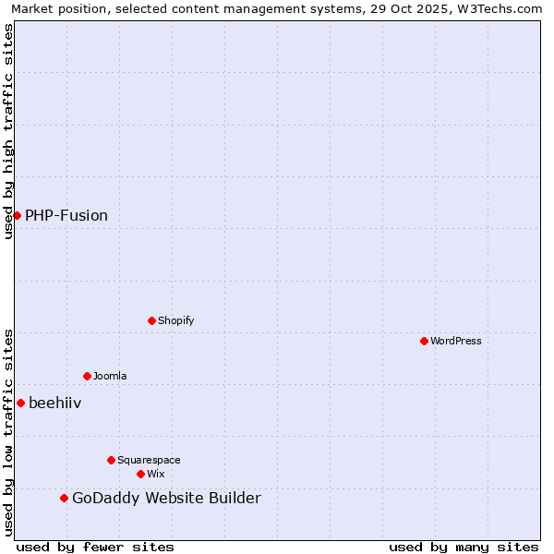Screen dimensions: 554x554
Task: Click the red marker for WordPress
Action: pyautogui.click(x=424, y=341)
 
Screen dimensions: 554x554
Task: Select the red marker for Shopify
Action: pyautogui.click(x=151, y=320)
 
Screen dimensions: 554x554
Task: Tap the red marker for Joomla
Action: pyautogui.click(x=87, y=376)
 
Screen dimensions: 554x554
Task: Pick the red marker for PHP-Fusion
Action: pyautogui.click(x=17, y=215)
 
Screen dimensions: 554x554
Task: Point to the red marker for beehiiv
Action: pyautogui.click(x=20, y=403)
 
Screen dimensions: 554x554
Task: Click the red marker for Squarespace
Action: pyautogui.click(x=111, y=460)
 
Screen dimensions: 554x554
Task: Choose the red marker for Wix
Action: pyautogui.click(x=140, y=474)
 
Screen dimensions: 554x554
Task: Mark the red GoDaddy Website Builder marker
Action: pyautogui.click(x=64, y=499)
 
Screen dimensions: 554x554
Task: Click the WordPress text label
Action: pyautogui.click(x=456, y=341)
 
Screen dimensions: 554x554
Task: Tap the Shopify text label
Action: pyautogui.click(x=176, y=320)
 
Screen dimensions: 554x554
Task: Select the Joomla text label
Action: pyautogui.click(x=110, y=376)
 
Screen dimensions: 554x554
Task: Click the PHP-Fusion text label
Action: pyautogui.click(x=66, y=215)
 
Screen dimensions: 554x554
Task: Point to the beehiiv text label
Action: pyautogui.click(x=55, y=403)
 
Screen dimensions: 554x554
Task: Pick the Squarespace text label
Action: pyautogui.click(x=149, y=460)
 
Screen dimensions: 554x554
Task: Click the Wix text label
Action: pyautogui.click(x=155, y=474)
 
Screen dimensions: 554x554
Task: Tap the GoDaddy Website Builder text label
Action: pyautogui.click(x=166, y=499)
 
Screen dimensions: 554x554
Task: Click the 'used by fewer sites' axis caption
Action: pyautogui.click(x=95, y=547)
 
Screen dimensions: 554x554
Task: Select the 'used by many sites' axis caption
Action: pyautogui.click(x=464, y=547)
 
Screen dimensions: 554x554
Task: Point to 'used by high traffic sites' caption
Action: pyautogui.click(x=8, y=131)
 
